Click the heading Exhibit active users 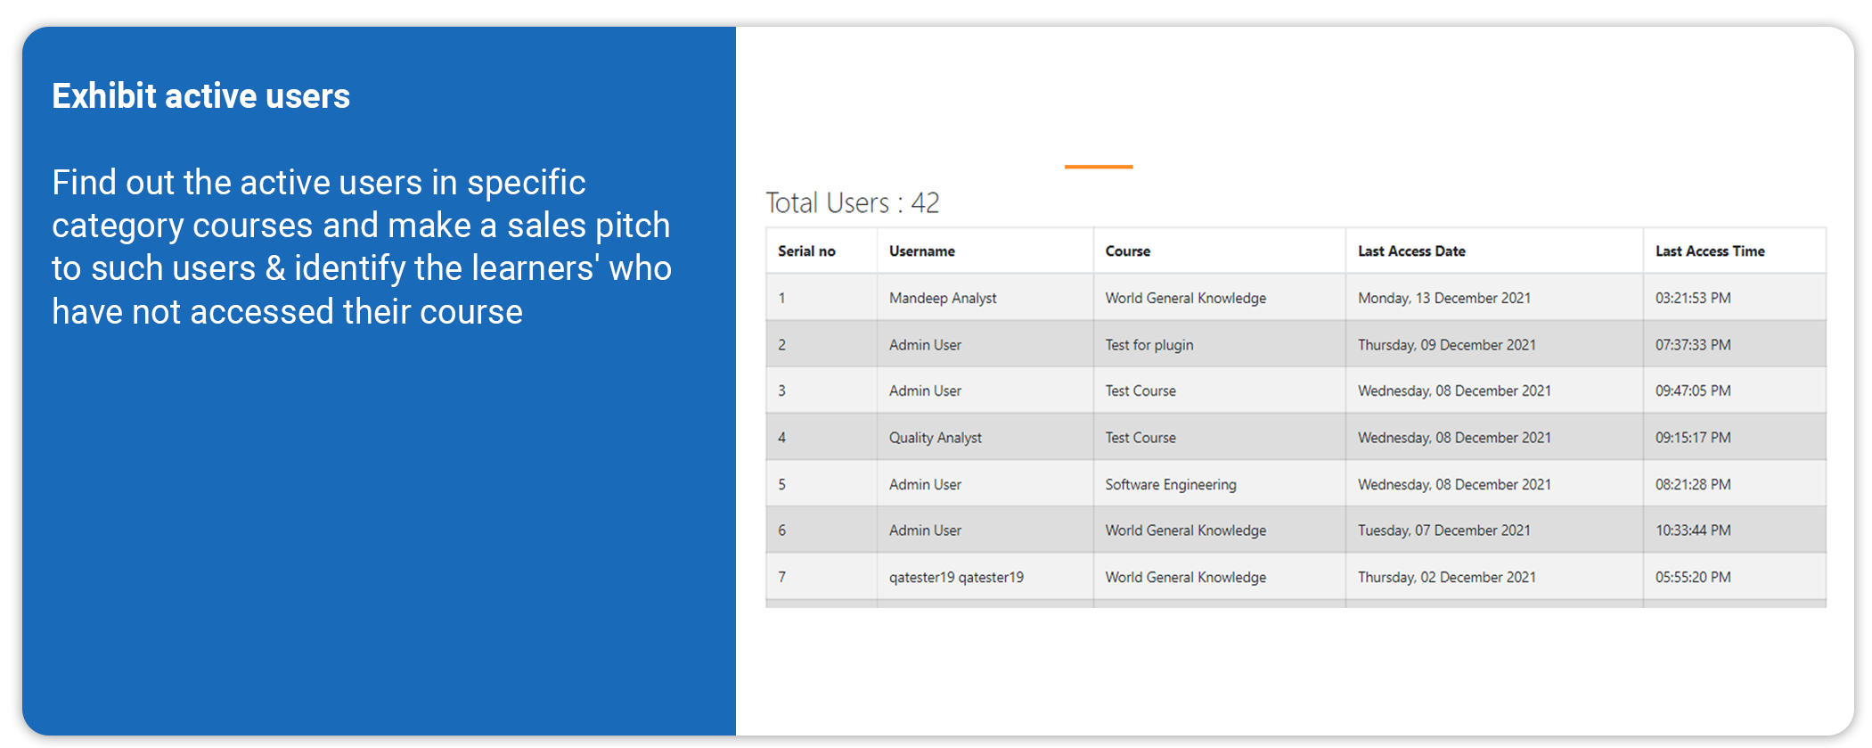200,96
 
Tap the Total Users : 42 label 853,203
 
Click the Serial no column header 806,251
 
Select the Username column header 922,251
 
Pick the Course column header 1128,251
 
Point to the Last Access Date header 1411,251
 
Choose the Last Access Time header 1710,251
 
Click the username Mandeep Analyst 943,299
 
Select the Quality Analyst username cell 936,438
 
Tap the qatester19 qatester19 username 956,578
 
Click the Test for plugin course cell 1149,345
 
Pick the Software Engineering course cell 1171,485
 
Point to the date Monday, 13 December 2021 1444,299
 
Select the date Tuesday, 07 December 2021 1444,530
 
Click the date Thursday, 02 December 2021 1447,578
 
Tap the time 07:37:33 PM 1693,345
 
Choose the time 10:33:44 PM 1693,530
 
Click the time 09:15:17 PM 1693,438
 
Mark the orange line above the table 1099,167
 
